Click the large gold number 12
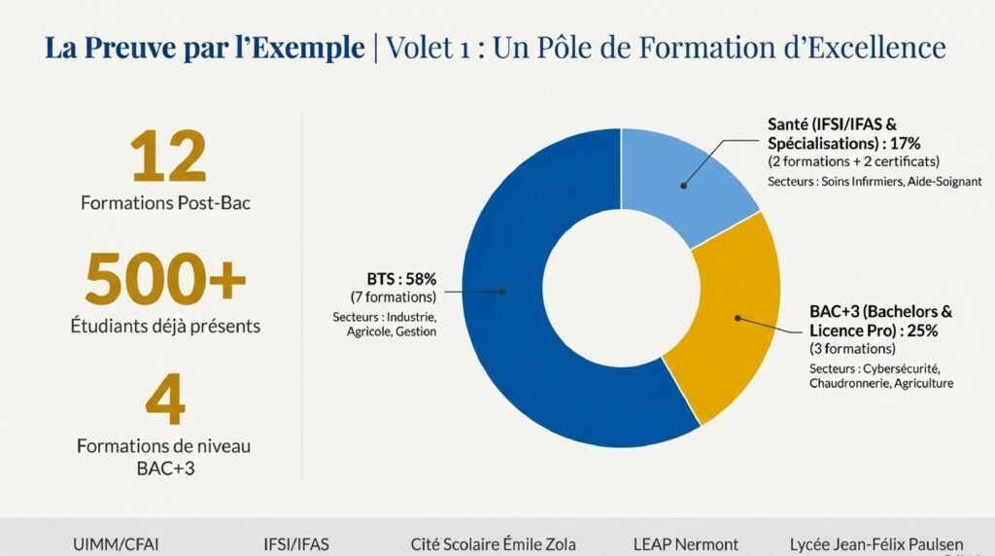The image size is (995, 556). click(169, 158)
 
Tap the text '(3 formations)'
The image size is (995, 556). click(852, 348)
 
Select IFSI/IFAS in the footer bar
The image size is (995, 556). click(296, 544)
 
